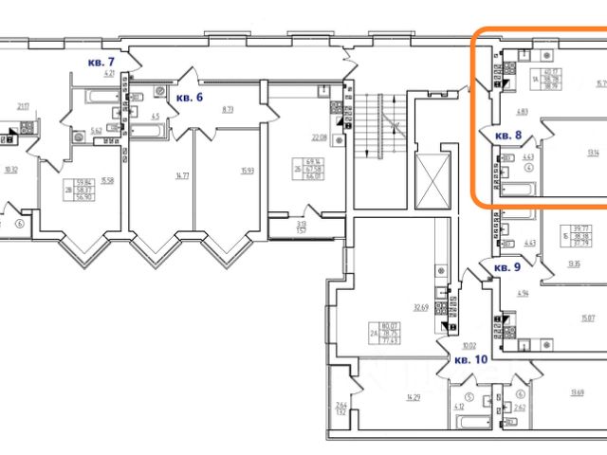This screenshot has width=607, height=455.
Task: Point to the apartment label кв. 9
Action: click(507, 268)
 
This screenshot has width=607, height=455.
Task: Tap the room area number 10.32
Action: click(11, 171)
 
